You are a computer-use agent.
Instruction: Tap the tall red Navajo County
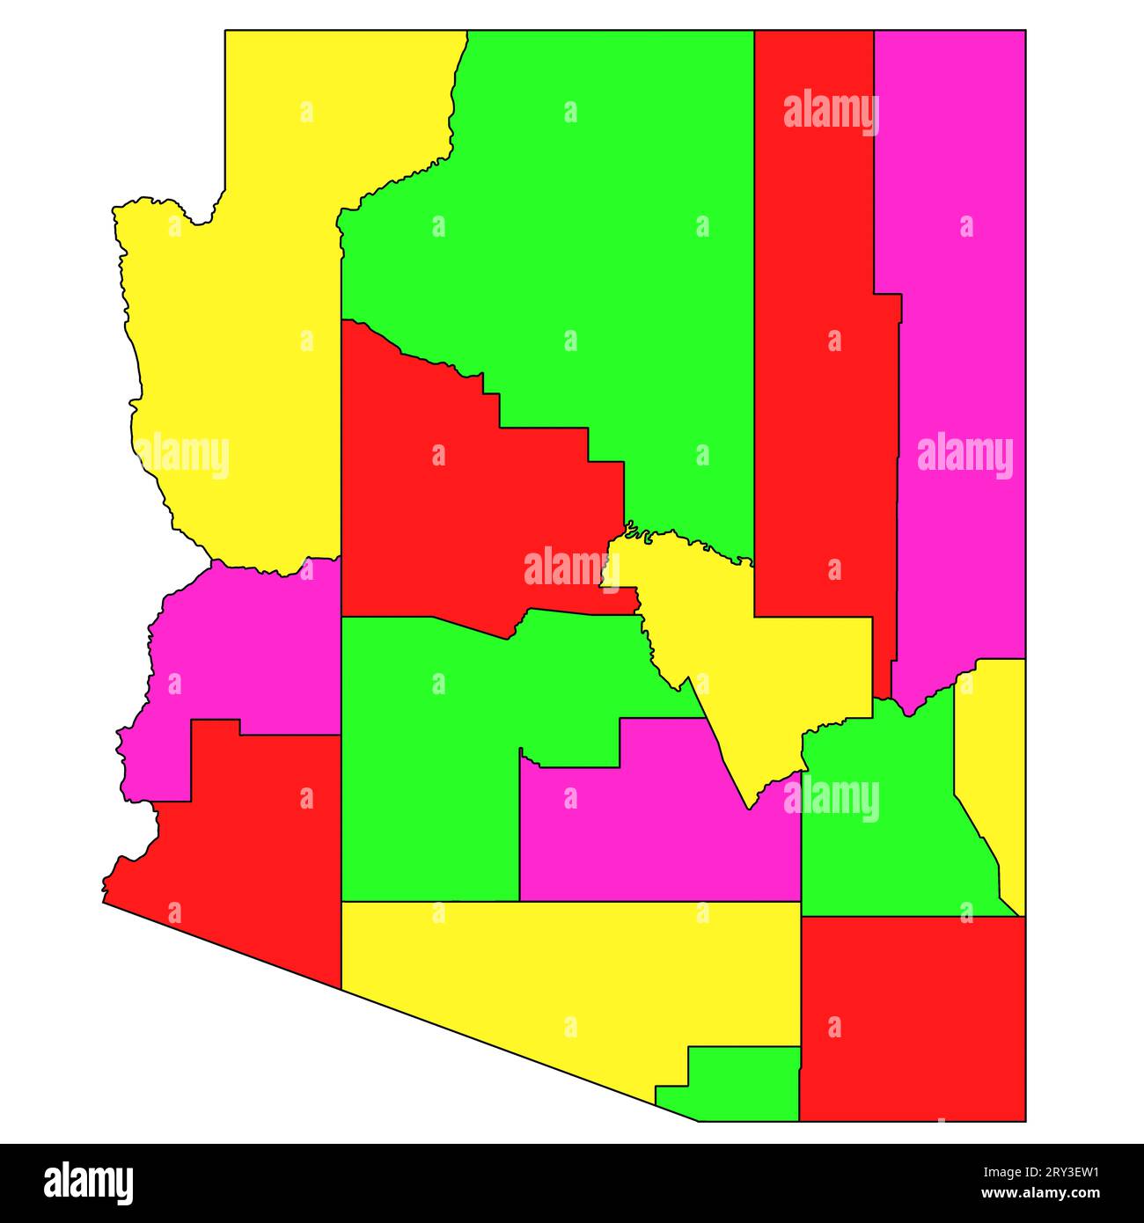pos(814,396)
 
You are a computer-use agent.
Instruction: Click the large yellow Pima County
pos(563,968)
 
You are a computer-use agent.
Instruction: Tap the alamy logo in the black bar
pos(88,1183)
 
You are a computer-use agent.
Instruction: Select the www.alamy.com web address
pos(1048,1194)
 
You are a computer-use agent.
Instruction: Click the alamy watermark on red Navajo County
pos(831,113)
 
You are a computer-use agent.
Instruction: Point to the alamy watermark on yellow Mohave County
pos(182,457)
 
